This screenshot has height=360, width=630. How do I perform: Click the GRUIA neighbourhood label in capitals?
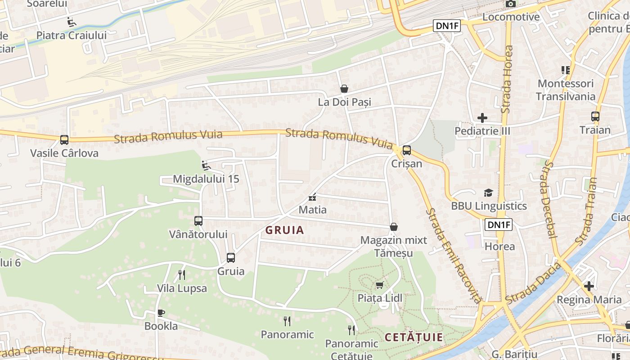tap(284, 230)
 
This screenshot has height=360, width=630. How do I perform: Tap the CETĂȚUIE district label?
tap(414, 337)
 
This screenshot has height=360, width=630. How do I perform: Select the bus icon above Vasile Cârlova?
tap(64, 139)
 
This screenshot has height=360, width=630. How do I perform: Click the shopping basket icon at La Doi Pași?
tap(344, 89)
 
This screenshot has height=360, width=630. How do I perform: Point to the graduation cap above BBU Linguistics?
tap(488, 193)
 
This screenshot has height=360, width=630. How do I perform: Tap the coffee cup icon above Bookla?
tap(161, 313)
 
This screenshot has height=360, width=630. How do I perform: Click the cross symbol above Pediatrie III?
tap(482, 118)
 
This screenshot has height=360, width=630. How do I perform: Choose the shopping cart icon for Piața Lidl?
tap(379, 285)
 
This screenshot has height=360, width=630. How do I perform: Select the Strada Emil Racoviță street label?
tap(454, 255)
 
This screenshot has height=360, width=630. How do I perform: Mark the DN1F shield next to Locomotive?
tap(447, 26)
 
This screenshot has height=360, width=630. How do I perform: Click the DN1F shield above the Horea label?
tap(499, 224)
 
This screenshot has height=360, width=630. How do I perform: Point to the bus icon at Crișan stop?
tap(406, 150)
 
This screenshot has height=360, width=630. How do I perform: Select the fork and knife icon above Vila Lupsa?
tap(182, 274)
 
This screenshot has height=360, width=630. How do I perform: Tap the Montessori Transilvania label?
tap(565, 90)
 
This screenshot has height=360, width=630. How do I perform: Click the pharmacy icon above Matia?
tap(312, 197)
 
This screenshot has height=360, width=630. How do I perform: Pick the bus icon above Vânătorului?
tap(198, 221)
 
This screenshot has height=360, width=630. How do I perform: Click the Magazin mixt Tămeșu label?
tap(393, 247)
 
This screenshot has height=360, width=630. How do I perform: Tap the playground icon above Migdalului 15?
tap(206, 166)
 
